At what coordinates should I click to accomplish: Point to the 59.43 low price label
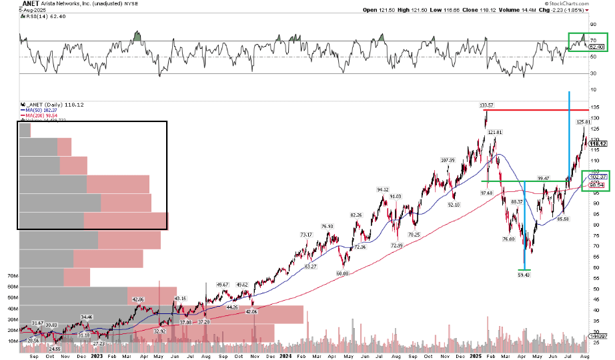pyautogui.click(x=524, y=273)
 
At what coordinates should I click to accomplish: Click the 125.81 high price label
pyautogui.click(x=584, y=122)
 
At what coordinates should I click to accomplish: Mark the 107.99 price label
pyautogui.click(x=447, y=160)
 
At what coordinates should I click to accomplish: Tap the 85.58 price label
pyautogui.click(x=562, y=219)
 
